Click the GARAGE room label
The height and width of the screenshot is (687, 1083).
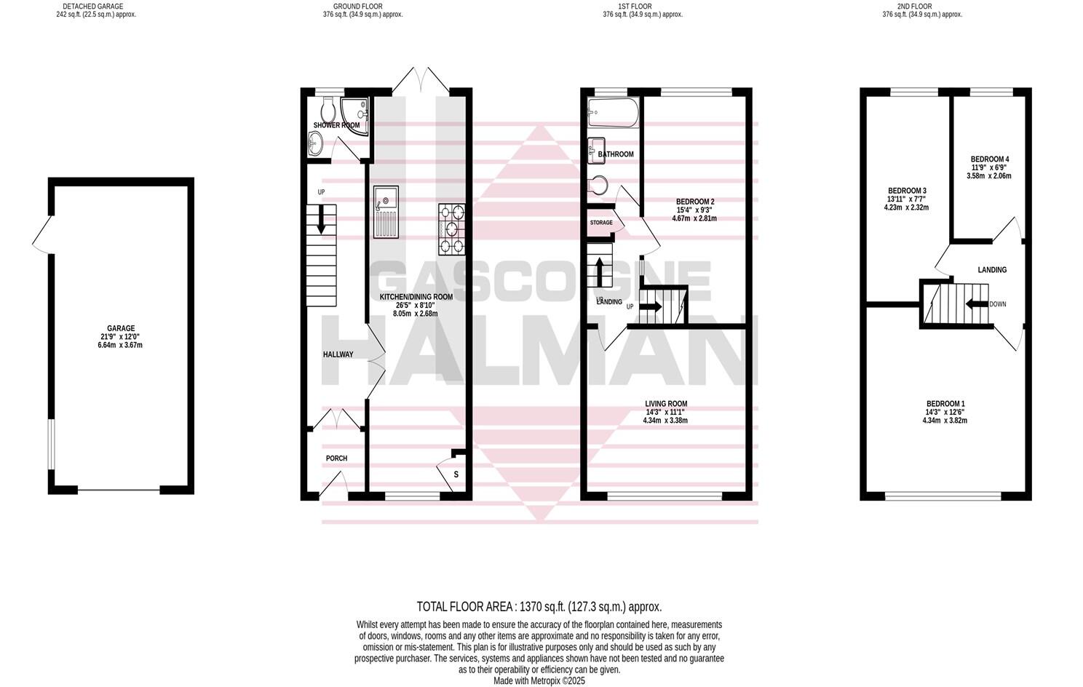(x=122, y=328)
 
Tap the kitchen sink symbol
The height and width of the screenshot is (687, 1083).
(x=385, y=212)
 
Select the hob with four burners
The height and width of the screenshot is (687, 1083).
(x=451, y=229)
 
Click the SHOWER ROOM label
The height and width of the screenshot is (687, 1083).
(x=336, y=125)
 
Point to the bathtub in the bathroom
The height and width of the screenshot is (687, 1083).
(x=612, y=113)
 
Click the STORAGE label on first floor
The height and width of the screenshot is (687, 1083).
(x=601, y=223)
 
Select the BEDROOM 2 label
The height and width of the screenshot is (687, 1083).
(x=694, y=202)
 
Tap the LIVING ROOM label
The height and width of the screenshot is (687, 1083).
(x=665, y=404)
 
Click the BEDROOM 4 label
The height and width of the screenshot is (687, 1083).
(x=989, y=159)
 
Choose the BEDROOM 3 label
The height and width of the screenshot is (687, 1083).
(x=906, y=191)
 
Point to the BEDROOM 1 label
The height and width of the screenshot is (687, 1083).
(x=945, y=404)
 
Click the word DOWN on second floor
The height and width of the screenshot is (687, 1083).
(x=997, y=304)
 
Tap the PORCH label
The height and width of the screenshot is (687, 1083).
(x=336, y=458)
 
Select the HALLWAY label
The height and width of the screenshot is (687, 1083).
(x=338, y=354)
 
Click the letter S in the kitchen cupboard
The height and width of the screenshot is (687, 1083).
(x=456, y=474)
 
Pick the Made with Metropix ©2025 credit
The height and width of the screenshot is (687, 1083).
(x=539, y=681)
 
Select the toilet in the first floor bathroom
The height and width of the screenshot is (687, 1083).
(x=598, y=186)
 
